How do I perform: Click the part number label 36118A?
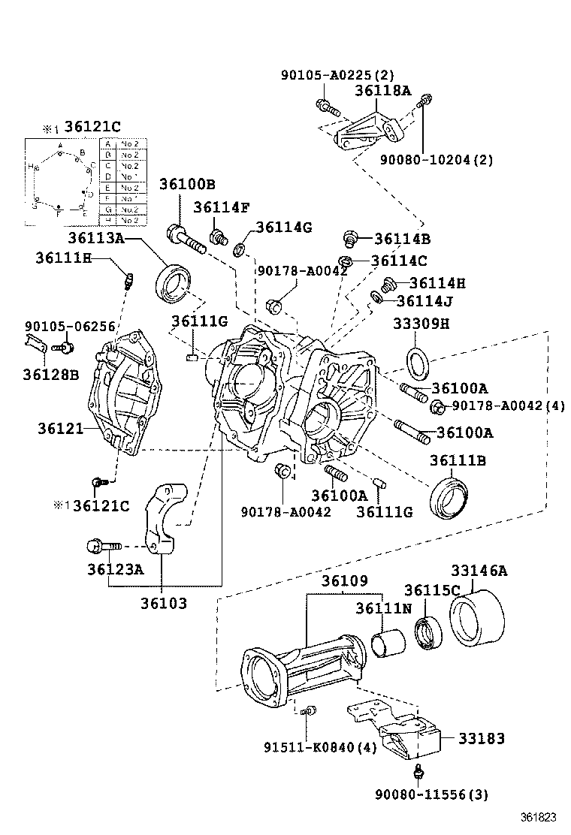pos(383,91)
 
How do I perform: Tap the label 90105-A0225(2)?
pos(337,75)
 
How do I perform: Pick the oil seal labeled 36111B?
pos(450,497)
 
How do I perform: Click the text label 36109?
pos(345,580)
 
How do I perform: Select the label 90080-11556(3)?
pos(431,794)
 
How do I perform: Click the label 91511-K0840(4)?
pos(320,747)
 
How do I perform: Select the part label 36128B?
pos(51,373)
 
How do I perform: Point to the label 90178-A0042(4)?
pos(507,406)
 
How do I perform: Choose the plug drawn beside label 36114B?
pos(349,240)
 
